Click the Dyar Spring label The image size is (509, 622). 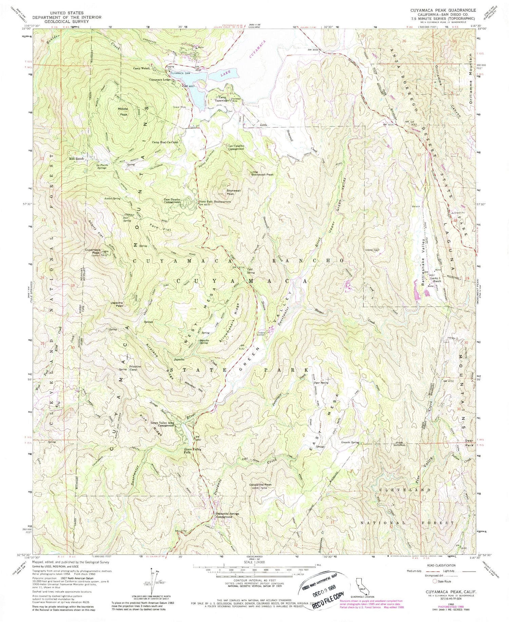[320, 383]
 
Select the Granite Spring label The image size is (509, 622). [350, 443]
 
